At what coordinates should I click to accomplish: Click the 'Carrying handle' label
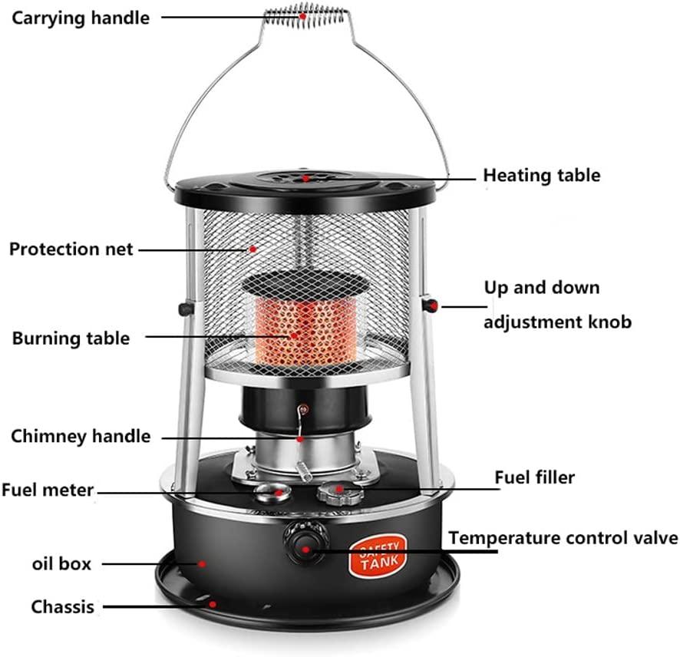pos(80,18)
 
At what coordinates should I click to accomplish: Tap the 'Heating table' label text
pos(541,175)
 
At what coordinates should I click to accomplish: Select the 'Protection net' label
pos(71,249)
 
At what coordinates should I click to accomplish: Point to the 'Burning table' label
pos(71,338)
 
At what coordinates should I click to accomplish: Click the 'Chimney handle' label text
pos(81,437)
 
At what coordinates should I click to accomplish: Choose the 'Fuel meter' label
pos(48,489)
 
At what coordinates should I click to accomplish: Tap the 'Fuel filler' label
pos(534,477)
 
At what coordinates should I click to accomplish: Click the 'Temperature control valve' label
pos(563,537)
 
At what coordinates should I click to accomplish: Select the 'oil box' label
pos(61,564)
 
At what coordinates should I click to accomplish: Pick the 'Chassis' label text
pos(62,607)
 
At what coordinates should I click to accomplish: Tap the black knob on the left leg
pos(185,309)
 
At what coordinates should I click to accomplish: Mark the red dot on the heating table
pos(305,177)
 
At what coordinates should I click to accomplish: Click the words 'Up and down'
pos(541,288)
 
